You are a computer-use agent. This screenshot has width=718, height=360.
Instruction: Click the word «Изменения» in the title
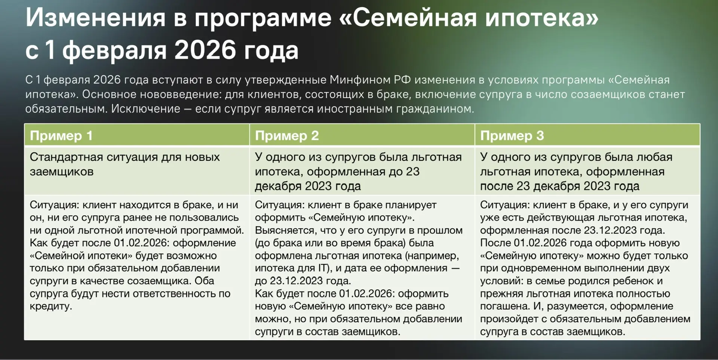point(95,18)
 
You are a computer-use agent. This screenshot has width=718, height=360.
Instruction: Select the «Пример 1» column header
point(61,135)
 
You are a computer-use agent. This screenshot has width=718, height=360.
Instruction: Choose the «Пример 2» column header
point(287,135)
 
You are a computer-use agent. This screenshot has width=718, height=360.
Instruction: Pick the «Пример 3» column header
point(512,135)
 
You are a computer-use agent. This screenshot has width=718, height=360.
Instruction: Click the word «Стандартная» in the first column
point(66,157)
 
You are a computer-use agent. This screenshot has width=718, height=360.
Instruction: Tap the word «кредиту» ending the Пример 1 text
point(51,306)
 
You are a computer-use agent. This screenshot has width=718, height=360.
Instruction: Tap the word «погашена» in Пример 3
point(504,306)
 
